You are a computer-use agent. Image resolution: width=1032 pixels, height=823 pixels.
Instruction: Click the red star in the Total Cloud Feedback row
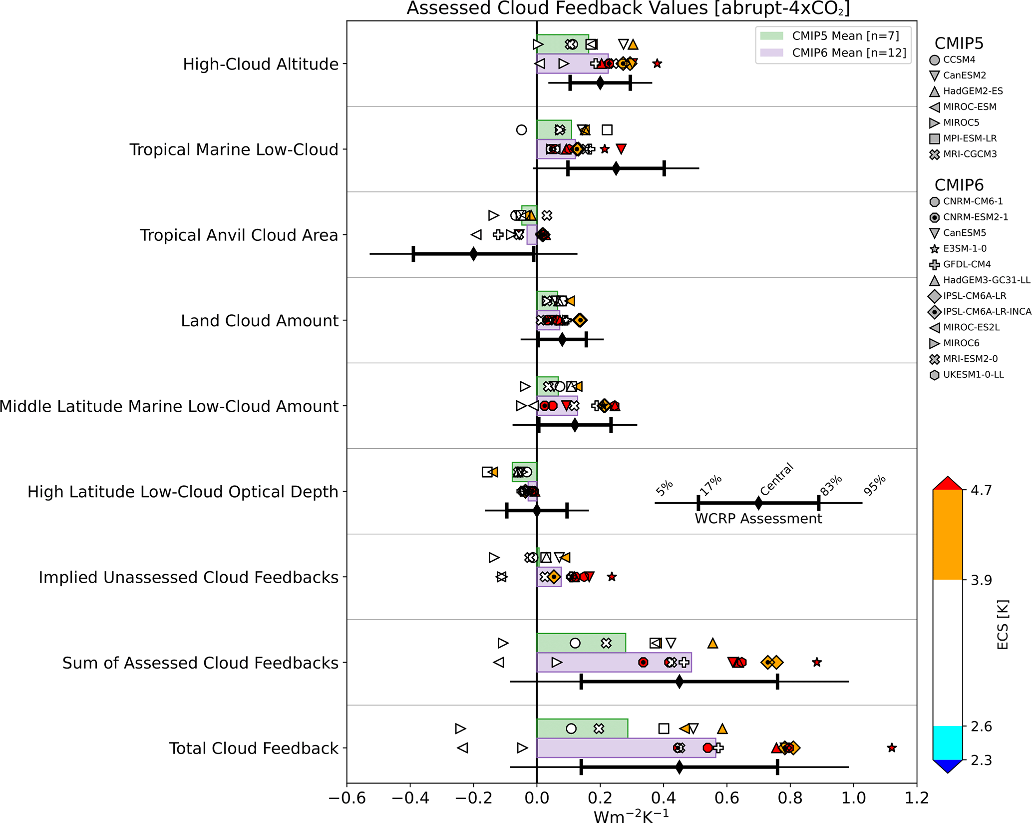[892, 748]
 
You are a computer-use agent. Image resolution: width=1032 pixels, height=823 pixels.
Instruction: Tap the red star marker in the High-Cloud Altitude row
[658, 63]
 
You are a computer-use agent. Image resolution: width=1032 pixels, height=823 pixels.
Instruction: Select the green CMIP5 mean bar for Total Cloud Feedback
[582, 729]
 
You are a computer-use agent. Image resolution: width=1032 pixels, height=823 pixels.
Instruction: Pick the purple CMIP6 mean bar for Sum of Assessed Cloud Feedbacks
[614, 663]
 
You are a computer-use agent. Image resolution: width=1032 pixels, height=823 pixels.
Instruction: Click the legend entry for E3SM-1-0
[965, 248]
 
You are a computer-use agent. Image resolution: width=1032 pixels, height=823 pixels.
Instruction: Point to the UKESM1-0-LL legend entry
[973, 375]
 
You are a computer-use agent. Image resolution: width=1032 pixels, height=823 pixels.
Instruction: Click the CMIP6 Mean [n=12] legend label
[849, 53]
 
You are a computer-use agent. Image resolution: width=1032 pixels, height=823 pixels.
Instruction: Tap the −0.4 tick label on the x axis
[410, 798]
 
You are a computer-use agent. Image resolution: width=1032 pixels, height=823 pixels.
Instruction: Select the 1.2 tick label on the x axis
[917, 798]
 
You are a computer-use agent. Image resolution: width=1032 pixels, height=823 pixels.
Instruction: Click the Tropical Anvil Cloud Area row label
[239, 235]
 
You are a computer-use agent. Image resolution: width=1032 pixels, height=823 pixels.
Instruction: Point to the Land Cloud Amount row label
[260, 321]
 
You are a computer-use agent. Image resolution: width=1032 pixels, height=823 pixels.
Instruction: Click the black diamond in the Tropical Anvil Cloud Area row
[473, 254]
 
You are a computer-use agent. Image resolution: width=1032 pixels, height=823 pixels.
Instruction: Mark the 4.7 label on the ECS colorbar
[981, 490]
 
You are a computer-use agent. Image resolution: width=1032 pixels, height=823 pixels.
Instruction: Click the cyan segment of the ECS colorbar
[947, 743]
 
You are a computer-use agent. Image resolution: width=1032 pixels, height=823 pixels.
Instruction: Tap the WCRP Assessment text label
[758, 519]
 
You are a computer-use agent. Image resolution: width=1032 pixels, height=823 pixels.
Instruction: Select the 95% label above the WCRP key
[875, 486]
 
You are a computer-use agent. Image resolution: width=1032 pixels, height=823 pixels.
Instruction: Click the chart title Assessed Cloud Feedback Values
[628, 8]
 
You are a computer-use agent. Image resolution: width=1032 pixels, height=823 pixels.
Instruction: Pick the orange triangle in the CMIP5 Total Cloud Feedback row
[722, 729]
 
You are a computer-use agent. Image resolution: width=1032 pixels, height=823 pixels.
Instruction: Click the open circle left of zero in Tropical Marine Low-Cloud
[521, 130]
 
